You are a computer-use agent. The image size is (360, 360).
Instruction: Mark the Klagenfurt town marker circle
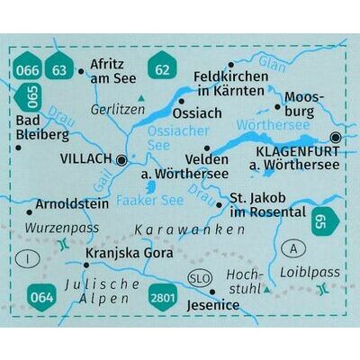click(337, 138)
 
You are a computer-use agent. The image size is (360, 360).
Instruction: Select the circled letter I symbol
click(32, 260)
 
